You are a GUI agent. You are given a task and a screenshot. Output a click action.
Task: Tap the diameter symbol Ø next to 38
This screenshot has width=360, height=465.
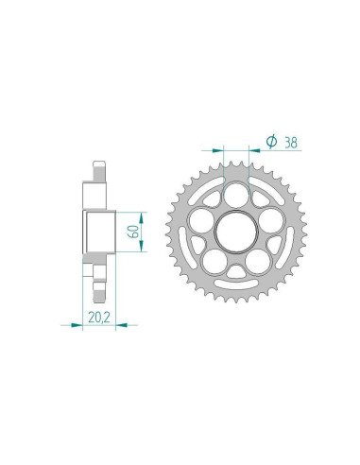271,142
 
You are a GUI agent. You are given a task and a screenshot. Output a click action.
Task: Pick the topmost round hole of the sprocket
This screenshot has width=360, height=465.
238,192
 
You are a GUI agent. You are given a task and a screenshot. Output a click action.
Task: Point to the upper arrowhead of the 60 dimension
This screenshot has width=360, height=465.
141,214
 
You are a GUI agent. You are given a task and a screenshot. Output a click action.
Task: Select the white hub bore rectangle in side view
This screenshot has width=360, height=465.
97,231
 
